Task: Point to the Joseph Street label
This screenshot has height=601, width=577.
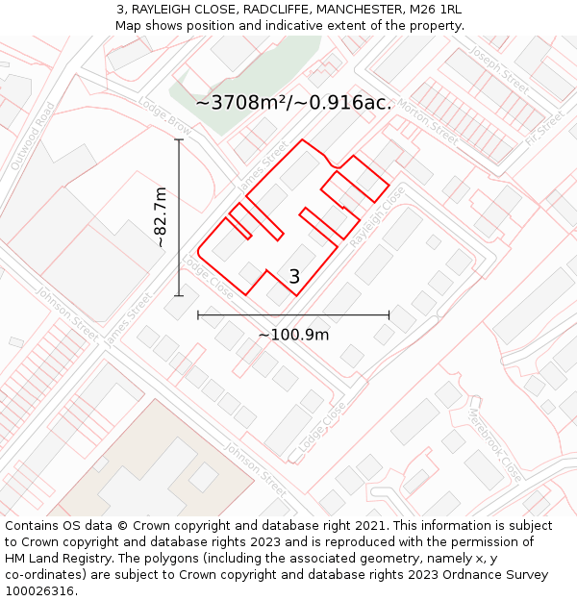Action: pos(502,71)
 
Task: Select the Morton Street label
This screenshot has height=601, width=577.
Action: pos(427,116)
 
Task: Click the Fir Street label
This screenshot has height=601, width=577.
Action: pos(545,127)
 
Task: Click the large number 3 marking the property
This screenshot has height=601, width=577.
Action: pos(294,277)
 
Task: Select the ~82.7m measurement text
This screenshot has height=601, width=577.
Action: pos(161,218)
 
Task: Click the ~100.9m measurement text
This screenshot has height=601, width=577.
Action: pos(293,335)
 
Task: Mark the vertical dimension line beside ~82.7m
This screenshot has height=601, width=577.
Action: pos(179,217)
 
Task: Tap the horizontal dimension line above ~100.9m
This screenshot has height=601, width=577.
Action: pos(293,314)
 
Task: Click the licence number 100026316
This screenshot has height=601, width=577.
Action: pos(40,591)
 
